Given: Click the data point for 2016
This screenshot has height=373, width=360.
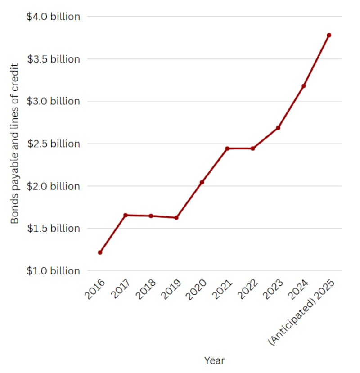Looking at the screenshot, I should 100,252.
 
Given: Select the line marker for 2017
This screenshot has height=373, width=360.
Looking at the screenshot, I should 126,215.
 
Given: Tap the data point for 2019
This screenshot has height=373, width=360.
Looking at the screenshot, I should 176,218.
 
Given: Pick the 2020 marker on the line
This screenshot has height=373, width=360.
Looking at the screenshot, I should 202,182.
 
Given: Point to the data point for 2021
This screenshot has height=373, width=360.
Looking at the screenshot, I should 227,148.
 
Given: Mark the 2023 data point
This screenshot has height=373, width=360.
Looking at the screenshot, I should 278,128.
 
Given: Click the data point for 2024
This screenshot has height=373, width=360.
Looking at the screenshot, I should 304,86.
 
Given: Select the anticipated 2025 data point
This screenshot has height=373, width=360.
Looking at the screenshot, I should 329,35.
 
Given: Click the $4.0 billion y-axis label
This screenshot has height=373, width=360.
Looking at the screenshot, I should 54,17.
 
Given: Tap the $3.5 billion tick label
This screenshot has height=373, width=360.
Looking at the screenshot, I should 54,59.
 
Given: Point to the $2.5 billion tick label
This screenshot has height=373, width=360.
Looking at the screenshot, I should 54,144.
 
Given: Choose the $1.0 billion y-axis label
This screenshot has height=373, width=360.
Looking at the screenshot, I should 54,271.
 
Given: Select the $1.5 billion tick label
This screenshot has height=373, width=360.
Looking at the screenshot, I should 54,228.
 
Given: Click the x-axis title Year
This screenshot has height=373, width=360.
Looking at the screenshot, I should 214,360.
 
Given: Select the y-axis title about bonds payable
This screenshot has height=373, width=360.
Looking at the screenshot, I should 15,144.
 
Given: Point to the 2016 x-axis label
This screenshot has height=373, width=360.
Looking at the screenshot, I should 94,289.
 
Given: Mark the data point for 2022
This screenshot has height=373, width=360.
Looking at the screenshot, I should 253,148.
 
